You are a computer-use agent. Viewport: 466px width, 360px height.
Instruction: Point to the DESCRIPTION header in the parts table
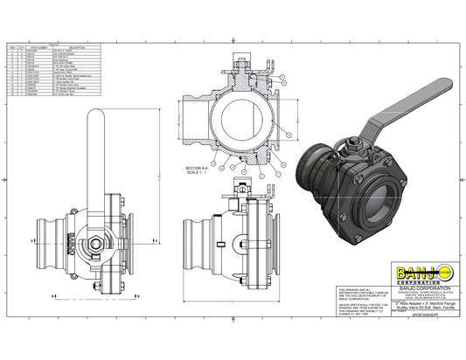click(77, 48)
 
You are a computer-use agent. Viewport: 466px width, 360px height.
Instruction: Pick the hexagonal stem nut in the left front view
click(92, 241)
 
